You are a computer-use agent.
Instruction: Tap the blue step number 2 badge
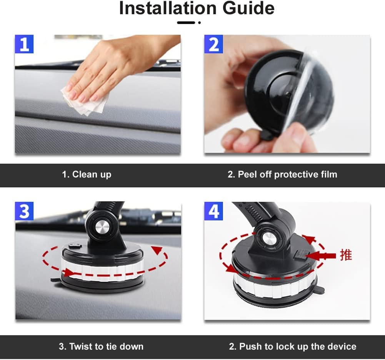214,44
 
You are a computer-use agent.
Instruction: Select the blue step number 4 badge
214,212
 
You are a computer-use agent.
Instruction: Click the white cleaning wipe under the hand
87,101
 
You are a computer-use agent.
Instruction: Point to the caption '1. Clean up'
87,174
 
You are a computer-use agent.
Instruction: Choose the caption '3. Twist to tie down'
101,346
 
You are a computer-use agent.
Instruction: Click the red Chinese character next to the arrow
345,255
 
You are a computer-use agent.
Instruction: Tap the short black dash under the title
186,23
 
